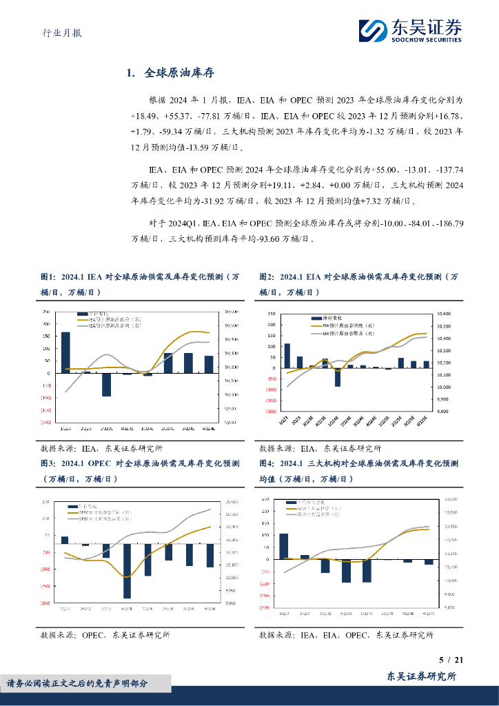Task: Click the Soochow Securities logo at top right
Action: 409,30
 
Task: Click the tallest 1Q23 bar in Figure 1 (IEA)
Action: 65,352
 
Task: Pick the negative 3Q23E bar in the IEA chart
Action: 106,384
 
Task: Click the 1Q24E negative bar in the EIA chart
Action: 338,376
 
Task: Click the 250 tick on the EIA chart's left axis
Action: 271,313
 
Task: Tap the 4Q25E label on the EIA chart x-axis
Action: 426,418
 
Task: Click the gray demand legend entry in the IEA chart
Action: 110,326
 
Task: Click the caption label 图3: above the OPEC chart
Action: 48,463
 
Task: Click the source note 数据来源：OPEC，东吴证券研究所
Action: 105,635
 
